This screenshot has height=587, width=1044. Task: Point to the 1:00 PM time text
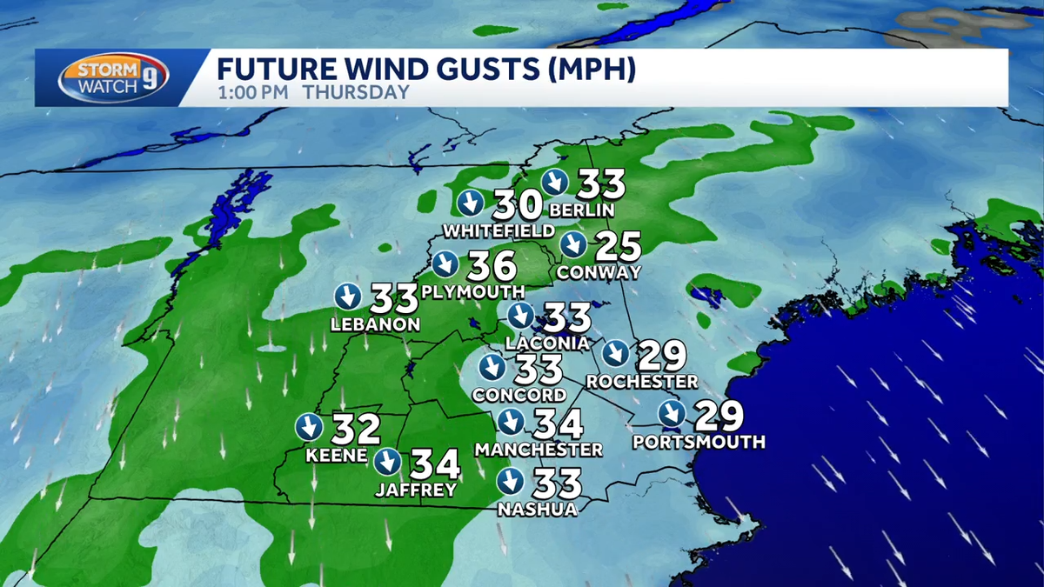[253, 91]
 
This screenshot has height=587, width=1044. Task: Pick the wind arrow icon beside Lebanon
[348, 297]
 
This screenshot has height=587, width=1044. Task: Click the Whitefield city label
[499, 230]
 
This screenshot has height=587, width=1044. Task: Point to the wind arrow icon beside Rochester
[616, 353]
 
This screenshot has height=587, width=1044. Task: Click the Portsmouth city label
[699, 442]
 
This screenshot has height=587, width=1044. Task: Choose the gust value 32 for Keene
[356, 430]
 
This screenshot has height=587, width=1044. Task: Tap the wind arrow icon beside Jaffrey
[387, 462]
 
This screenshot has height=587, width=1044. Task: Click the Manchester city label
[539, 450]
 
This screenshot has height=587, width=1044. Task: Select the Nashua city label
[537, 510]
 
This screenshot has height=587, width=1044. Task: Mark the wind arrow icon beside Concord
[492, 366]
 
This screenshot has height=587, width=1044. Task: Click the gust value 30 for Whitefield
[519, 205]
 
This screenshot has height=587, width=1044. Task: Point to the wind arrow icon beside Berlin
[554, 183]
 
